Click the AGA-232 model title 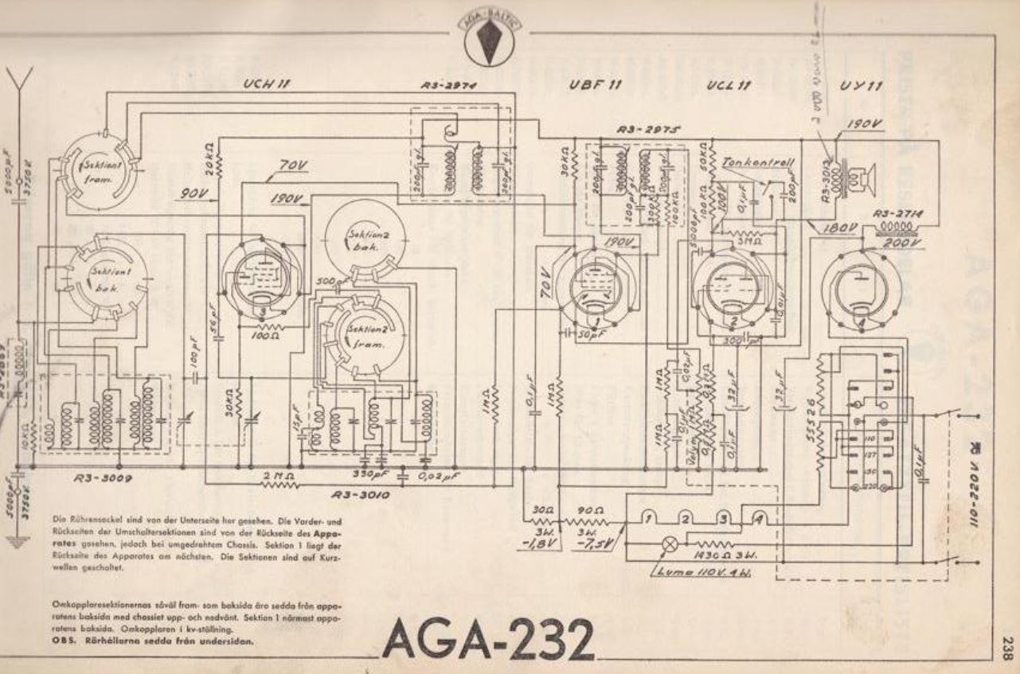click(x=489, y=637)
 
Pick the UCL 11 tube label click(x=729, y=86)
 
